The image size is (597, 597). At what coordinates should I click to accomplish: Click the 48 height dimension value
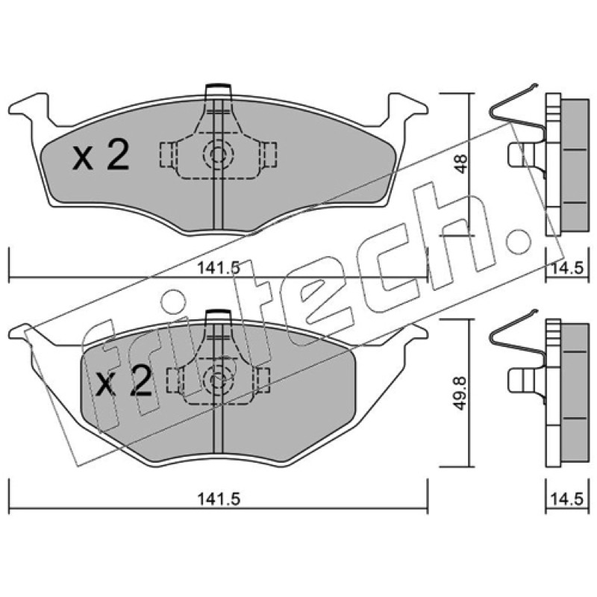coord(461,163)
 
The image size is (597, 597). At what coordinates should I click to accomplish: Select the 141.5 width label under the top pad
coord(219,269)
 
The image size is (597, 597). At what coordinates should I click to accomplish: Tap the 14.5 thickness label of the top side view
coord(566,269)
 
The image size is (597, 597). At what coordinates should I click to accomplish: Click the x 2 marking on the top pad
coord(101,155)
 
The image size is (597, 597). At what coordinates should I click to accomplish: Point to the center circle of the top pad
coord(217,154)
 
